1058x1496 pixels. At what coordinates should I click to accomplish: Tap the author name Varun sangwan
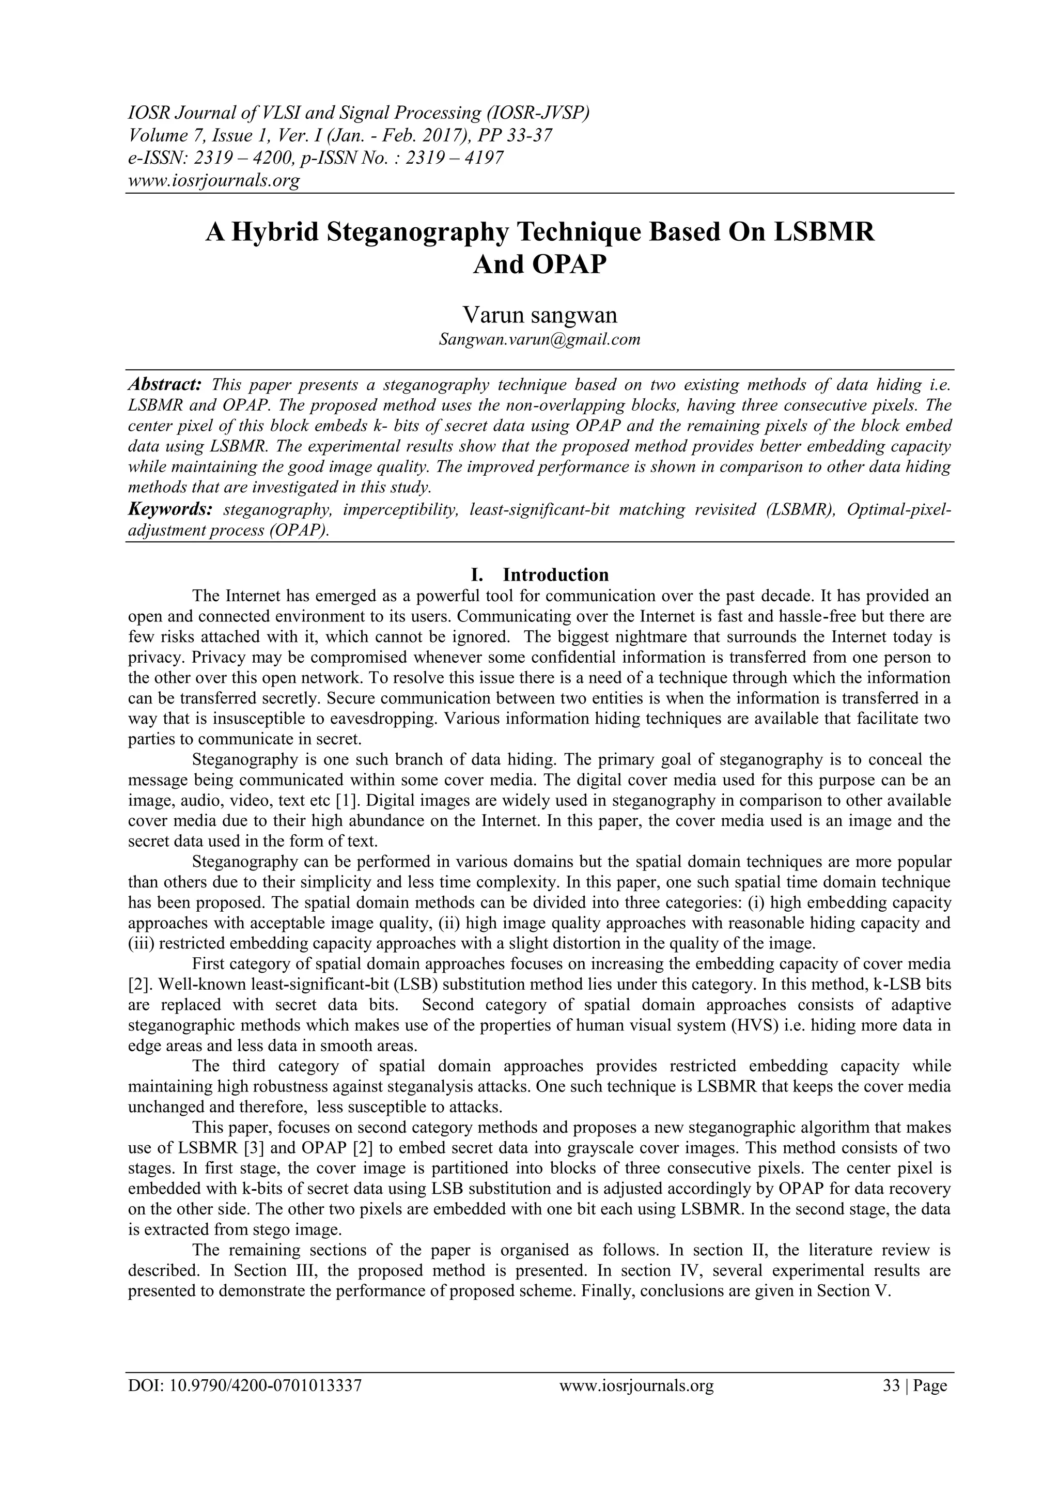point(539,315)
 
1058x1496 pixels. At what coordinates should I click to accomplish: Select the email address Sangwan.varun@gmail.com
point(539,339)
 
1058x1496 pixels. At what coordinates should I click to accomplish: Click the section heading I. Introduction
point(539,574)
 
